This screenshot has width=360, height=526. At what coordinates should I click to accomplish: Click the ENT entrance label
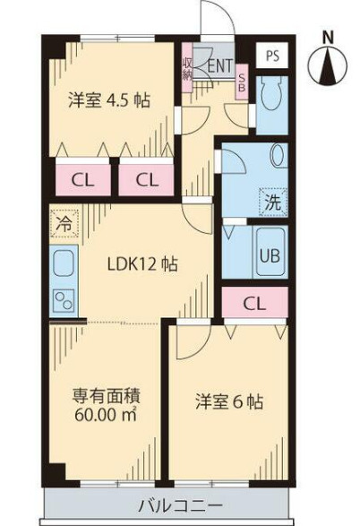221,65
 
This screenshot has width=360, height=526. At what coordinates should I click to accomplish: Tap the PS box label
271,54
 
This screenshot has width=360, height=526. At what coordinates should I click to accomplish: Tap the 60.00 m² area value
101,414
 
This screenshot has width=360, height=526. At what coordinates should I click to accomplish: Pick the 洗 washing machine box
271,202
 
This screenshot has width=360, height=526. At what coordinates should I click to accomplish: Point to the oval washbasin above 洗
277,156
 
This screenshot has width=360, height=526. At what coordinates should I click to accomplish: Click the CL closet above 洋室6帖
254,304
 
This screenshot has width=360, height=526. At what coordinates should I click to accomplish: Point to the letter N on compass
328,38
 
